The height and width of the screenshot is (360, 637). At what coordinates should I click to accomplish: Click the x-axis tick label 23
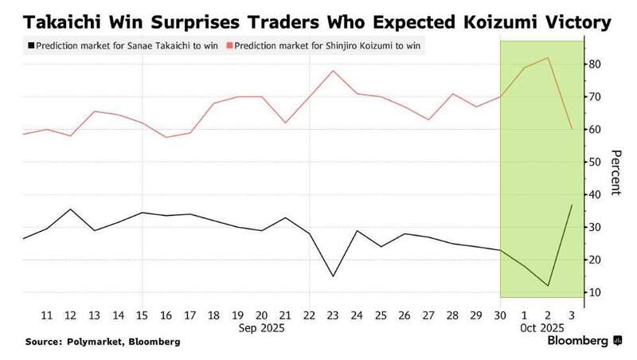tap(333, 315)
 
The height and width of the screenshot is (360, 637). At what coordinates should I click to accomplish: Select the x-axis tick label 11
tap(47, 315)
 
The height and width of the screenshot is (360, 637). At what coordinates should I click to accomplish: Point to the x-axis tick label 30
tap(499, 315)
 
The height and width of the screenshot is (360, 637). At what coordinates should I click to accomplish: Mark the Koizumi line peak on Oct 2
tap(547, 57)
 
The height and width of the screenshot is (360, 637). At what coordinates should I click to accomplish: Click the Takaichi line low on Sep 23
tap(333, 276)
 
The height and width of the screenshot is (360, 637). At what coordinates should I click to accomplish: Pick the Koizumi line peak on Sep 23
tap(333, 71)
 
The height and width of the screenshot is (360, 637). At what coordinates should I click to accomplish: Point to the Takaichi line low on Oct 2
tap(547, 286)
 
